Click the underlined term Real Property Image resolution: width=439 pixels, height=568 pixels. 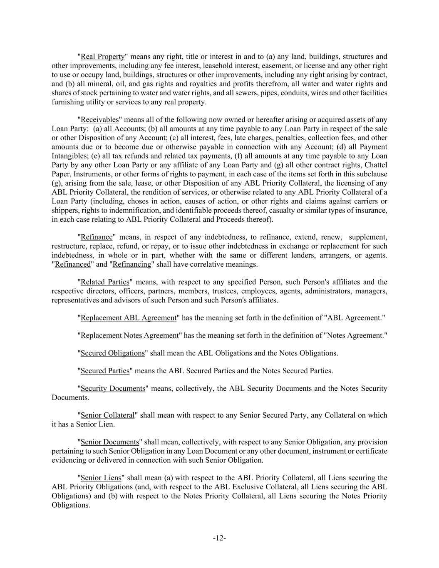click(x=102, y=57)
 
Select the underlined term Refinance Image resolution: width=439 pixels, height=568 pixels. click(x=97, y=237)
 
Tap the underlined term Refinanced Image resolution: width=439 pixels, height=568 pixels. click(x=73, y=264)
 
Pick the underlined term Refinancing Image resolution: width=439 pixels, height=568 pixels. click(x=132, y=264)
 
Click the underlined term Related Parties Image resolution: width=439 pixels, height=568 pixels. click(x=105, y=282)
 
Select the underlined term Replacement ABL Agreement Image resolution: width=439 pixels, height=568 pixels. click(x=129, y=318)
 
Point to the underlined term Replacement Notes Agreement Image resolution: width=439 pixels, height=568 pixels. click(x=129, y=335)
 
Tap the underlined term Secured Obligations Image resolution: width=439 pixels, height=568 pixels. click(x=112, y=353)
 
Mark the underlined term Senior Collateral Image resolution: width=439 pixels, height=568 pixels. click(x=107, y=415)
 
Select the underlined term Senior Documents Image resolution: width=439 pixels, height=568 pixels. click(x=109, y=442)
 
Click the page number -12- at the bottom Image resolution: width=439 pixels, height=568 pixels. click(x=219, y=538)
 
